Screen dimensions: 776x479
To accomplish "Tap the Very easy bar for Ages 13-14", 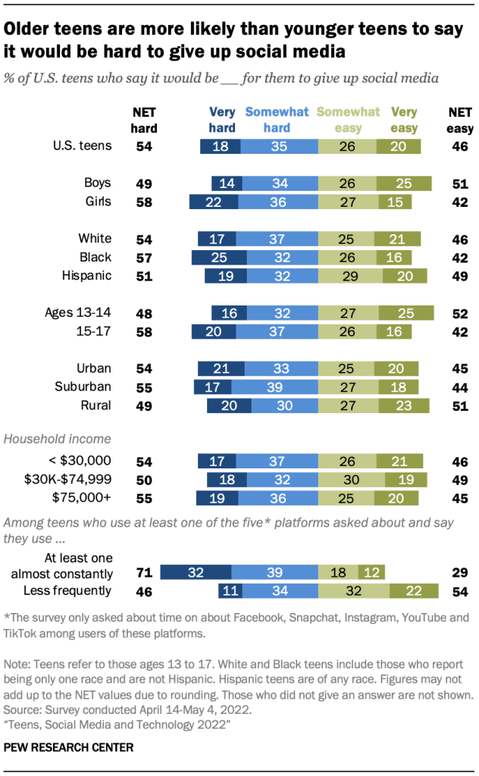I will pyautogui.click(x=405, y=313).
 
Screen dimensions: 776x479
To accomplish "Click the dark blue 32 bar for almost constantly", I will pyautogui.click(x=196, y=572).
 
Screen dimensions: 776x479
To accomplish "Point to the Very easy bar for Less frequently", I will pyautogui.click(x=414, y=590).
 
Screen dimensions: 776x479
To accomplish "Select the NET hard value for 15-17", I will pyautogui.click(x=144, y=331).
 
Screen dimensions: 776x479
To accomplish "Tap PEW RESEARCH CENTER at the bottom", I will pyautogui.click(x=68, y=747).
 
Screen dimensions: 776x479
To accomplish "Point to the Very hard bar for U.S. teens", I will pyautogui.click(x=221, y=145).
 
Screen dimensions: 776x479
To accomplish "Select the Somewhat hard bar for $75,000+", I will pyautogui.click(x=280, y=498).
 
